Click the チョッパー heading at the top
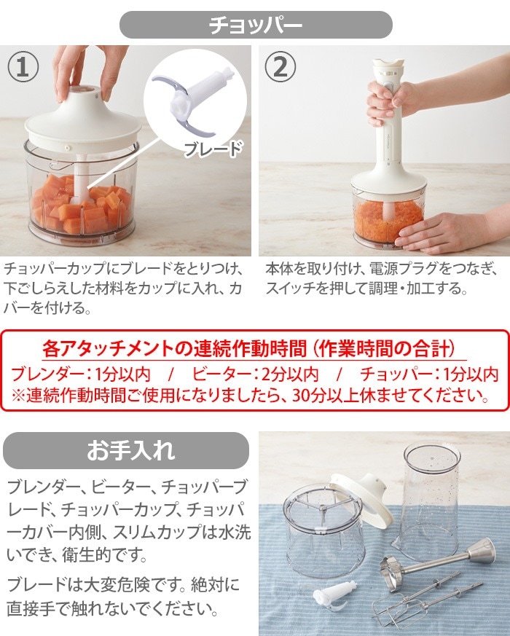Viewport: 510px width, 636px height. pyautogui.click(x=255, y=25)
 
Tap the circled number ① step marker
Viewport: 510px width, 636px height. pyautogui.click(x=24, y=68)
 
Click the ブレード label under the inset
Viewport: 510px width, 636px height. pyautogui.click(x=211, y=149)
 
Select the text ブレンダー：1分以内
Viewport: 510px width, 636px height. pyautogui.click(x=80, y=374)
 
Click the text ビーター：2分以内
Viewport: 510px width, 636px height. pyautogui.click(x=256, y=374)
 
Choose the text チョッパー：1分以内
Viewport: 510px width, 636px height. pyautogui.click(x=429, y=374)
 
